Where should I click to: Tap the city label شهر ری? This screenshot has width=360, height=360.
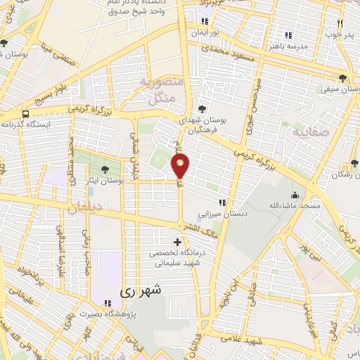point(136,290)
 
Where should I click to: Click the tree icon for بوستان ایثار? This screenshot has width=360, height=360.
point(105,169)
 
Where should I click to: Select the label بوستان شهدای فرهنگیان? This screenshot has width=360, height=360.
point(221,126)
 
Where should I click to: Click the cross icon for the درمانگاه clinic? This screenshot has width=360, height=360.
point(177,243)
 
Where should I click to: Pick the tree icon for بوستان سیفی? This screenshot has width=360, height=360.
point(342,79)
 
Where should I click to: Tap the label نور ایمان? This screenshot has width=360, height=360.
point(206,33)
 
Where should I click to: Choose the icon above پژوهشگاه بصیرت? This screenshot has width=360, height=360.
point(108,303)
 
